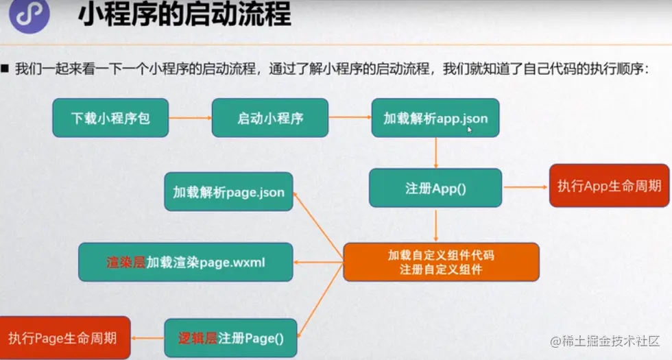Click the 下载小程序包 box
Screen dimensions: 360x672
click(110, 118)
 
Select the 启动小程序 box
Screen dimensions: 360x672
click(270, 118)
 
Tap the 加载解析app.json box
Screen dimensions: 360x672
click(435, 118)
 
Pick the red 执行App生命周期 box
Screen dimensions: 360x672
click(609, 185)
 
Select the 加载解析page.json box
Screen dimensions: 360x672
click(228, 193)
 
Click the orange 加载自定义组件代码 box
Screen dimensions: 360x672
click(441, 262)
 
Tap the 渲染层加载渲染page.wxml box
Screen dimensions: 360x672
click(186, 262)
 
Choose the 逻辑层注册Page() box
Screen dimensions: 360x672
click(231, 337)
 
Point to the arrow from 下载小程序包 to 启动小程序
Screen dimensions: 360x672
click(190, 118)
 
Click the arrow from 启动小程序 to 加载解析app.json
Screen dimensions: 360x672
click(350, 118)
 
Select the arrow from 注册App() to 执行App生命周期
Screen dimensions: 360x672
click(525, 187)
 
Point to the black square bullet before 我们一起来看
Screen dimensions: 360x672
click(5, 69)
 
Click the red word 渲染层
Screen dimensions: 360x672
click(126, 262)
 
